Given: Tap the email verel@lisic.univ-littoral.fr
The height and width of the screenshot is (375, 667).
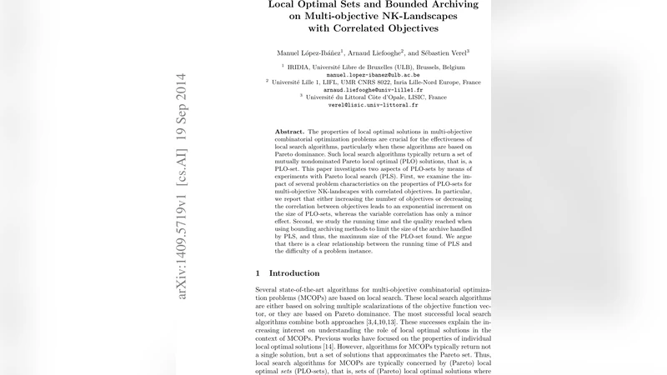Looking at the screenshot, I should tap(374, 105).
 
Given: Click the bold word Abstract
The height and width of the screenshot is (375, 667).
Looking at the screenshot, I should tap(290, 132).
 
